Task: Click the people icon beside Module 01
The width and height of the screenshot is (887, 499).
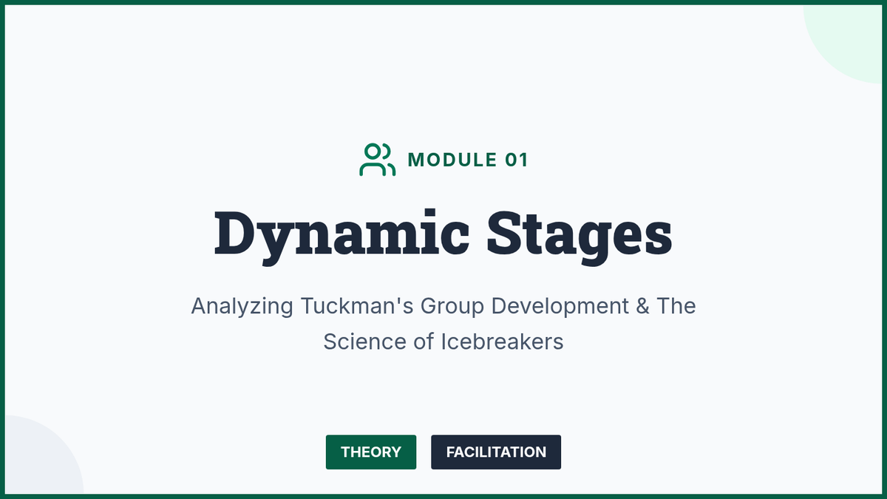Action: tap(377, 160)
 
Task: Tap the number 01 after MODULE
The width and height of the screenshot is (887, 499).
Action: tap(517, 160)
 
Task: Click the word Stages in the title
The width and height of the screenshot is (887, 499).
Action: tap(580, 237)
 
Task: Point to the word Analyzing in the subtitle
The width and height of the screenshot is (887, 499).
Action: tap(242, 307)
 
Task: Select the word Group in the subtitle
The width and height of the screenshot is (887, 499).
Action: tap(452, 307)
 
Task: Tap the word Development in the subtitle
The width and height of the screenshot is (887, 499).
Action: tap(560, 307)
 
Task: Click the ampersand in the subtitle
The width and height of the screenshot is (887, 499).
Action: tap(642, 306)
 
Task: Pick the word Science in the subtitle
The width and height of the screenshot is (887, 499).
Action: tap(364, 342)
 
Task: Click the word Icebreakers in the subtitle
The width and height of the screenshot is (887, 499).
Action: tap(502, 342)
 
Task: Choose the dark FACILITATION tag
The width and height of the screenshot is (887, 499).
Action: tap(496, 452)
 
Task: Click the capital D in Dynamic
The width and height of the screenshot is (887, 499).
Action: tap(234, 232)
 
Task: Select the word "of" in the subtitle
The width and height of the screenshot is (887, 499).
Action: tap(424, 342)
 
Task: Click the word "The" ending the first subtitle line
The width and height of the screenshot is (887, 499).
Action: tap(676, 306)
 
